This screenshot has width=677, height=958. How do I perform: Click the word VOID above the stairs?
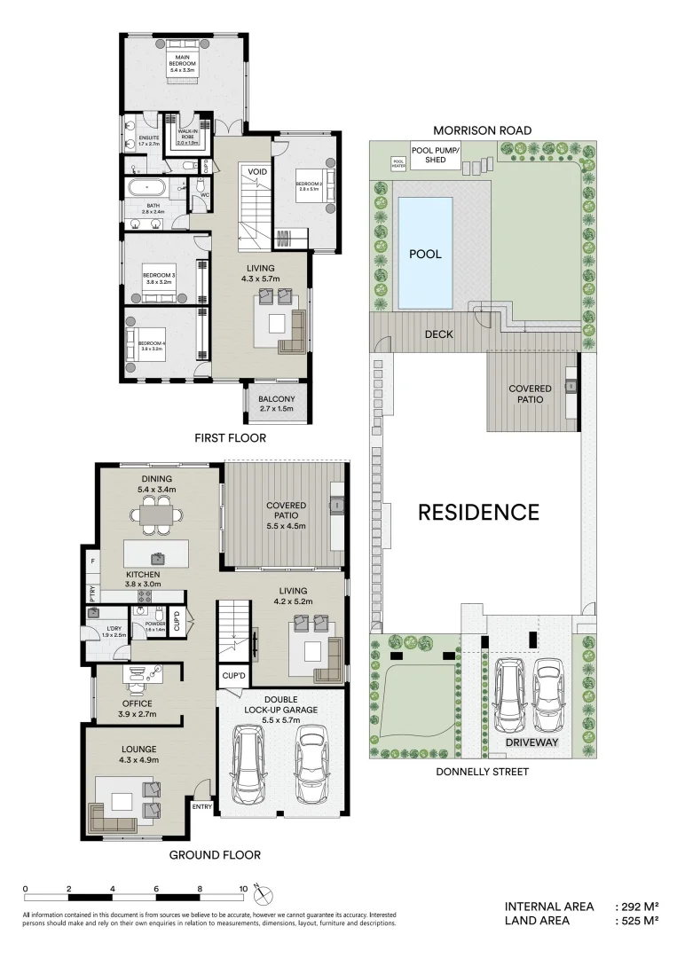tap(257, 171)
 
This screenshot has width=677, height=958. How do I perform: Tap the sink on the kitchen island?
tap(157, 558)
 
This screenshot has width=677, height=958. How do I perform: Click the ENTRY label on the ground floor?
tap(201, 806)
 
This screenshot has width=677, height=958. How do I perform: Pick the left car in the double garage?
tap(252, 765)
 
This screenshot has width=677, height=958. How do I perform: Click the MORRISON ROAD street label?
tap(482, 130)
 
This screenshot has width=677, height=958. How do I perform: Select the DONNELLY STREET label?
tap(482, 772)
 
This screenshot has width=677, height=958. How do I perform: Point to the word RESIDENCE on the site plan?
tap(478, 512)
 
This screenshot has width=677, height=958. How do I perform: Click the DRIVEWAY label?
tap(530, 742)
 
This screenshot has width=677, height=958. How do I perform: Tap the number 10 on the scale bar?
tap(243, 888)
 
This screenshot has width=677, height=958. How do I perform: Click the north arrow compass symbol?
tap(257, 887)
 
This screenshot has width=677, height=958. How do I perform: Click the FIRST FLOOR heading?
tap(230, 438)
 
